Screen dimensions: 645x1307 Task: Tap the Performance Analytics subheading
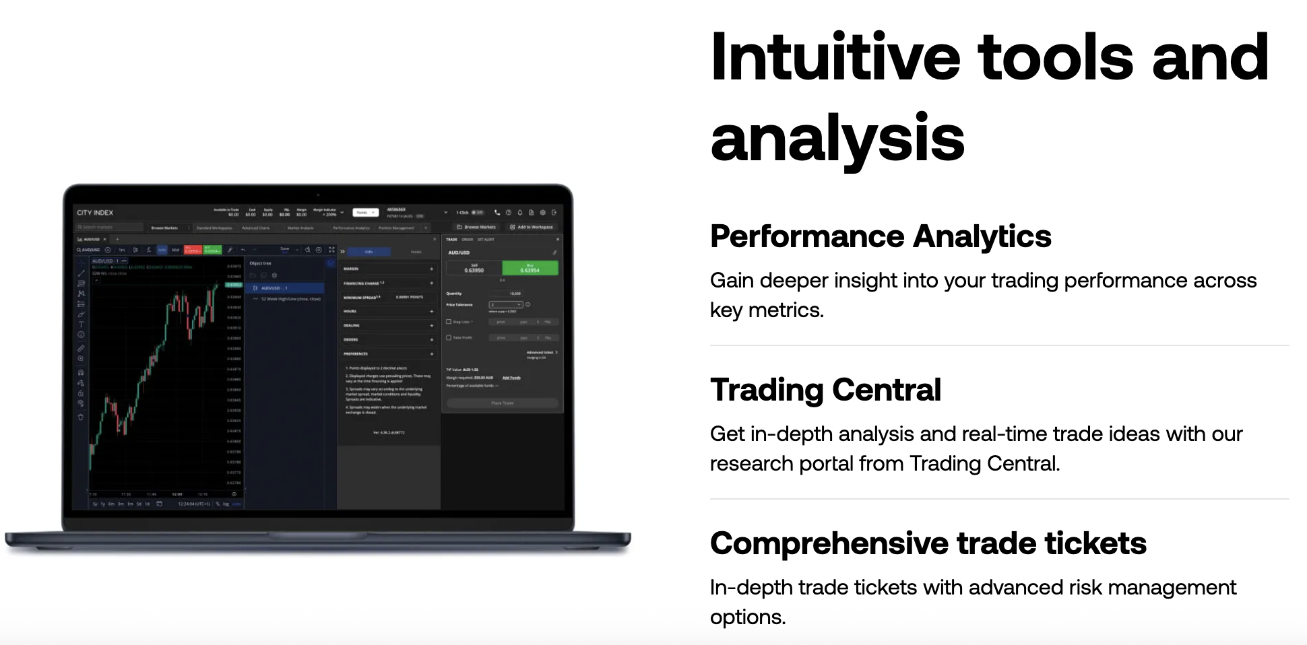pyautogui.click(x=880, y=236)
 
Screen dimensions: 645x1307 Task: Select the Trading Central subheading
pyautogui.click(x=825, y=390)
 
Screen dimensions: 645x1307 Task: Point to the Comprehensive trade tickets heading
pyautogui.click(x=928, y=543)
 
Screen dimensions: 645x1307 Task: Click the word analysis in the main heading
pyautogui.click(x=837, y=139)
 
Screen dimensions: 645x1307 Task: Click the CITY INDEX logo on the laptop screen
pyautogui.click(x=95, y=213)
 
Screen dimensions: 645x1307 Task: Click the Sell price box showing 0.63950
pyautogui.click(x=474, y=268)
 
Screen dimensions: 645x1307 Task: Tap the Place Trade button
pyautogui.click(x=503, y=403)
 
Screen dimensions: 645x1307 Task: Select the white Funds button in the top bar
pyautogui.click(x=364, y=213)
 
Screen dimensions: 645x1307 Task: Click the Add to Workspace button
pyautogui.click(x=532, y=228)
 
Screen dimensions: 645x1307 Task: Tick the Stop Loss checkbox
pyautogui.click(x=449, y=322)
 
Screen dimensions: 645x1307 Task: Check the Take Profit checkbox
pyautogui.click(x=449, y=338)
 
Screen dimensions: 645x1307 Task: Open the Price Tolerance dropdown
pyautogui.click(x=505, y=305)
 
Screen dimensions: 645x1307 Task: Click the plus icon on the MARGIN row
pyautogui.click(x=431, y=269)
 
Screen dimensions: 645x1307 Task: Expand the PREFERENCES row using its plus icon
pyautogui.click(x=431, y=354)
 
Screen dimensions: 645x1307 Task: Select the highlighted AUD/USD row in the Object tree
pyautogui.click(x=286, y=288)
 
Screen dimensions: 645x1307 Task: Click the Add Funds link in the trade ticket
pyautogui.click(x=511, y=378)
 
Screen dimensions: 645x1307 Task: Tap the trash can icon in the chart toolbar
pyautogui.click(x=81, y=417)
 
